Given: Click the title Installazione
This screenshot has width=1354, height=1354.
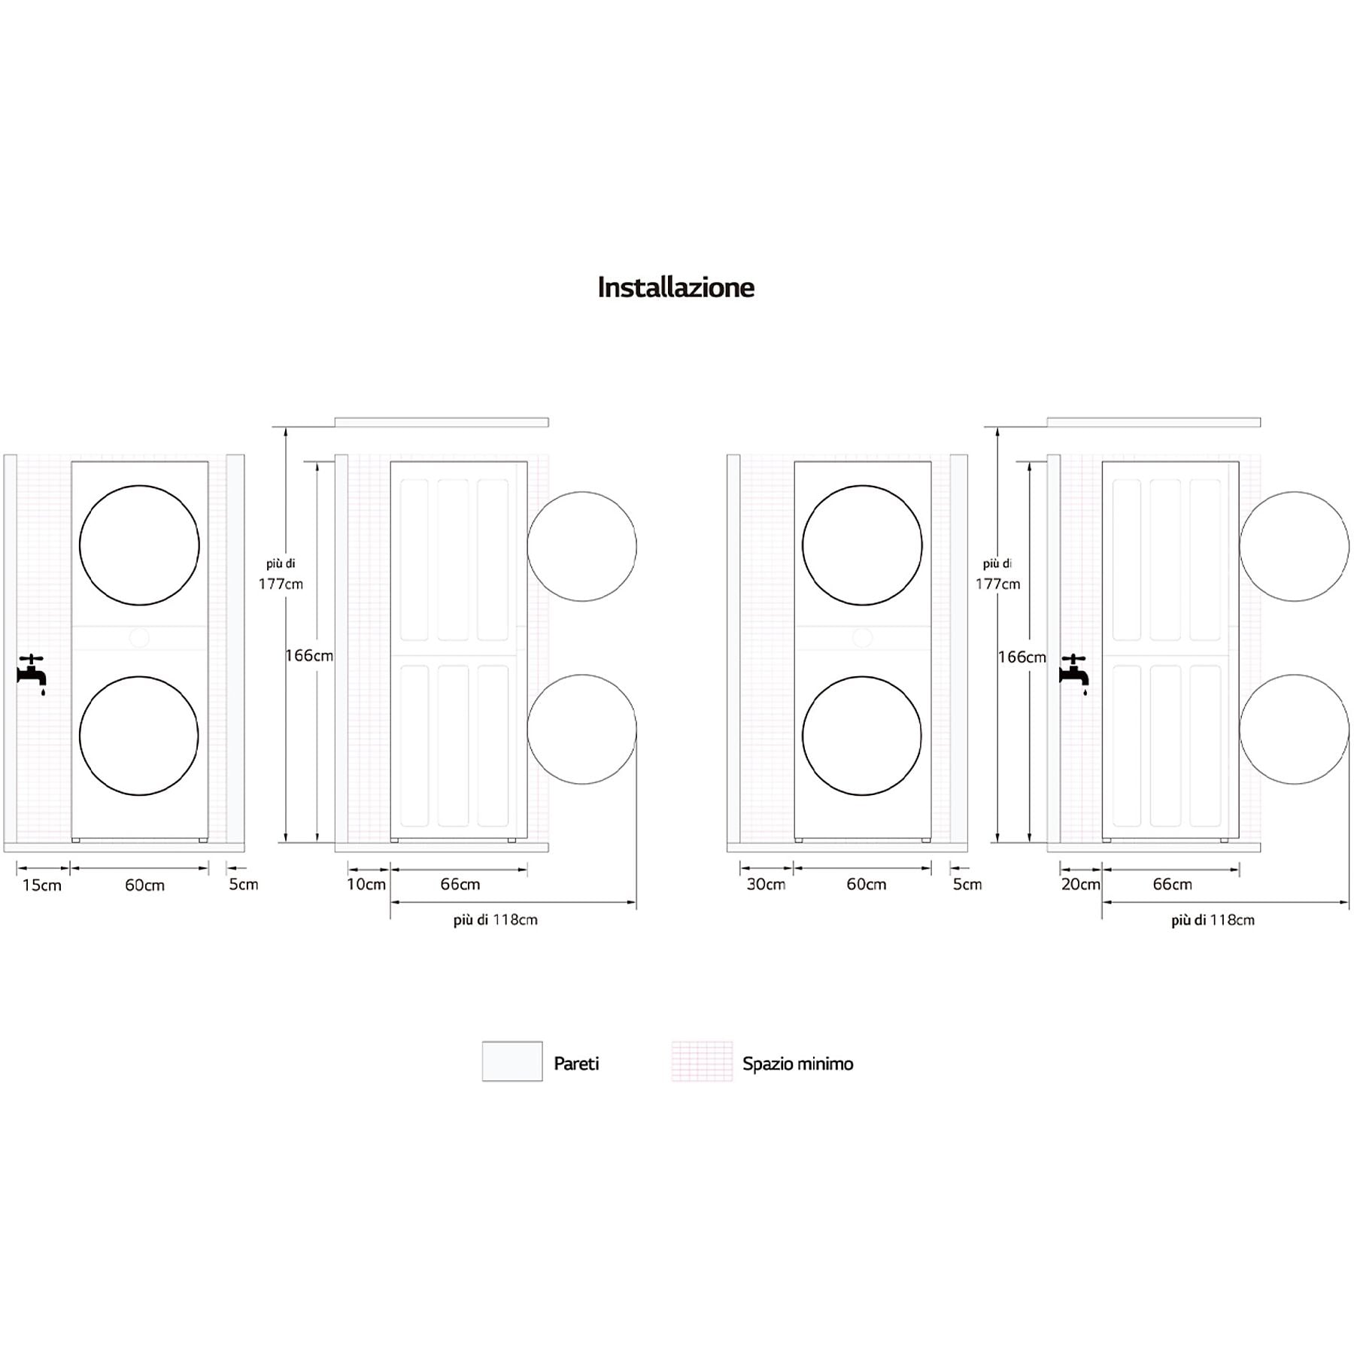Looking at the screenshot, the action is [675, 287].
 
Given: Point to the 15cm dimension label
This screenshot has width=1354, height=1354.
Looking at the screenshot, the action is [42, 885].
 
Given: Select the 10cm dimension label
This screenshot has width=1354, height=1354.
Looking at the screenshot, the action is [366, 885].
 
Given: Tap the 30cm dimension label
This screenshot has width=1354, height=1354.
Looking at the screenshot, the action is [766, 885].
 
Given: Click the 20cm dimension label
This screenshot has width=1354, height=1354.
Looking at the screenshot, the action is [1081, 885].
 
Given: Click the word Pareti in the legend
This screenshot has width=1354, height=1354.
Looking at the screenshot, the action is [576, 1064].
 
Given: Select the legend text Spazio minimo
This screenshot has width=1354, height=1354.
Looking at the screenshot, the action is [798, 1064].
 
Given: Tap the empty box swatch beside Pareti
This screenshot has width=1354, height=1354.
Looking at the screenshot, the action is [512, 1061].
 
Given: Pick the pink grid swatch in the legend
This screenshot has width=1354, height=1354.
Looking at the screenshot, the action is [702, 1061].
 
